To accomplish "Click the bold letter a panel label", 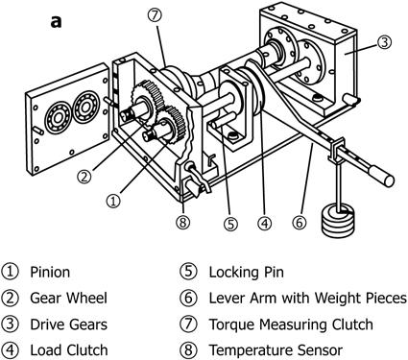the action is pos(56,22).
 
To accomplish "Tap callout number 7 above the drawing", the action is pos(155,15).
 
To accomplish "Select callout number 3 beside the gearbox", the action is pos(384,42).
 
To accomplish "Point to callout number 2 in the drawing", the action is pos(84,177).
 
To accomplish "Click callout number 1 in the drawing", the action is pos(113,201).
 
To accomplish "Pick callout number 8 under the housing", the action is pos(183,223).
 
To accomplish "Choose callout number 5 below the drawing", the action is pos(231,224).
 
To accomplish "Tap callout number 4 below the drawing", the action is pos(264,223).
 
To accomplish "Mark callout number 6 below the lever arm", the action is pos(300,223).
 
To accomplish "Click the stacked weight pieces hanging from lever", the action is pos(339,220).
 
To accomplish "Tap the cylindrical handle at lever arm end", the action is pos(381,175).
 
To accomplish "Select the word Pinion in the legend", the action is pos(50,273).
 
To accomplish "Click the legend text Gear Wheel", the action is pos(68,299).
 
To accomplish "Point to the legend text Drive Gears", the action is pos(68,324).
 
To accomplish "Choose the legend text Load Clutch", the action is pos(69,350).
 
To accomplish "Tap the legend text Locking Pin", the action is pos(247,273).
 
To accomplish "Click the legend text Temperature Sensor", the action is pos(276,350).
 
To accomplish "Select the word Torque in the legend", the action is pos(232,324).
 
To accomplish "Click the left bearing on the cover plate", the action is pos(58,117).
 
